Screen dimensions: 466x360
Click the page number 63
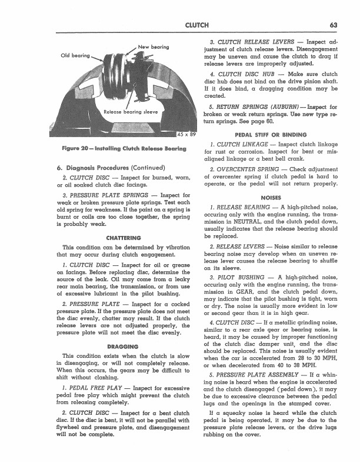tap(332, 25)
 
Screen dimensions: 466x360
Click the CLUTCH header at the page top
tap(195, 25)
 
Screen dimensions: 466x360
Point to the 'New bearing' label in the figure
tap(154, 46)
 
